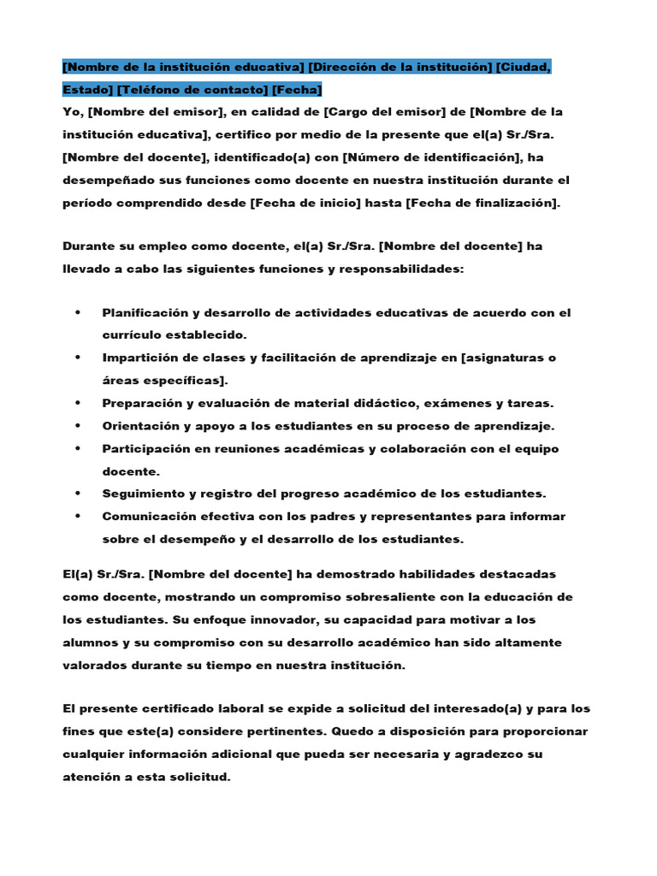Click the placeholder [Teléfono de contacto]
coord(192,89)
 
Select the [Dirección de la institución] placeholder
coord(400,67)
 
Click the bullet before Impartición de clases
coord(78,358)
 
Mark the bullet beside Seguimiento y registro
coord(78,494)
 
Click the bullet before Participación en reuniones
coord(78,448)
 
